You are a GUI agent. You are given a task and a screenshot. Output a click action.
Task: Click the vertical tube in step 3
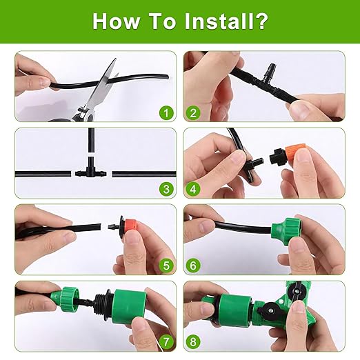coord(89,145)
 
